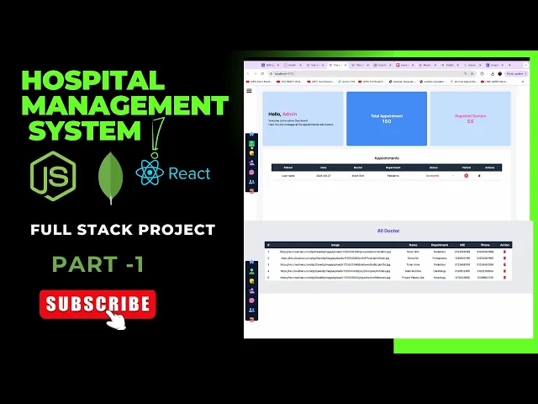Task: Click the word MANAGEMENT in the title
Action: [124, 106]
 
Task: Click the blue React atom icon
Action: [149, 173]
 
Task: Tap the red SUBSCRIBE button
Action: [97, 304]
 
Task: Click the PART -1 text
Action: [98, 264]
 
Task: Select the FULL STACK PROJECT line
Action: [123, 229]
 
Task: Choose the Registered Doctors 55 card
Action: [470, 119]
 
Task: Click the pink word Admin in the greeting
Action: [289, 113]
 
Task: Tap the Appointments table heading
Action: [387, 157]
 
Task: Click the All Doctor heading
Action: [388, 230]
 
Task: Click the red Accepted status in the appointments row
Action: [433, 175]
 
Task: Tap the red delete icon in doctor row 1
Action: [504, 252]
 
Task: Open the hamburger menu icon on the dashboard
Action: [250, 89]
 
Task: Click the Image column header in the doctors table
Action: [335, 245]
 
